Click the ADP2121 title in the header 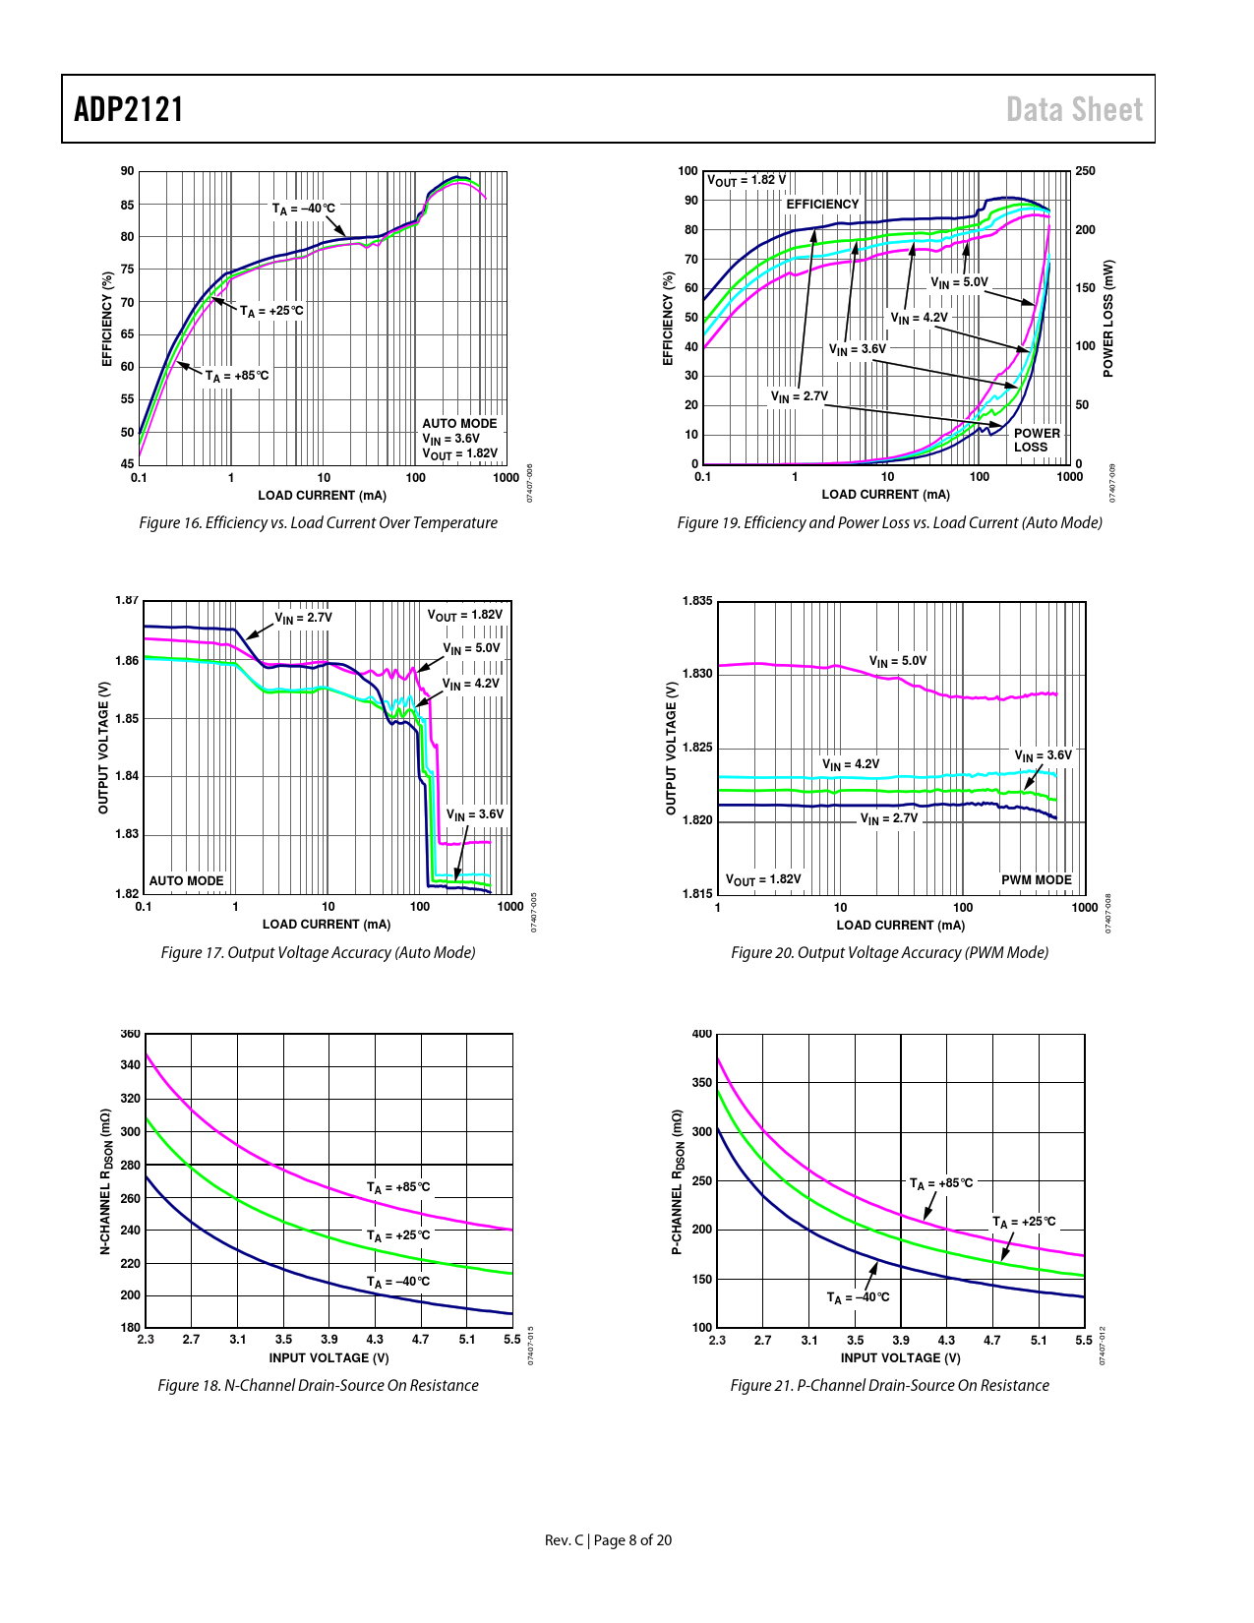point(129,109)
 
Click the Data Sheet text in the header point(1074,109)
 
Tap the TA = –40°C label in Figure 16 point(303,209)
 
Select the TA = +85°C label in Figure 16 point(236,376)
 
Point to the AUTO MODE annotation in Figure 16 point(459,424)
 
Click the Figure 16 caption point(318,522)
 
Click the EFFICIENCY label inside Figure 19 point(822,205)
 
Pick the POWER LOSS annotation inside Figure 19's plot point(1037,440)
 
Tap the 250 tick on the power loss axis point(1085,171)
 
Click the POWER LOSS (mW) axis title point(1108,318)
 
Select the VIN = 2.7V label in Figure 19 point(799,396)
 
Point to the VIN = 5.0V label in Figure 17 point(471,648)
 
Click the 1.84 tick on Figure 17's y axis point(127,776)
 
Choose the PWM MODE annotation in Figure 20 point(1036,880)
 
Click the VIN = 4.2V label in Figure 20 point(851,764)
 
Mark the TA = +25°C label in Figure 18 point(398,1235)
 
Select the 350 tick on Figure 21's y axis point(701,1083)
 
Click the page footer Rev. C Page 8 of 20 point(608,1540)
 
